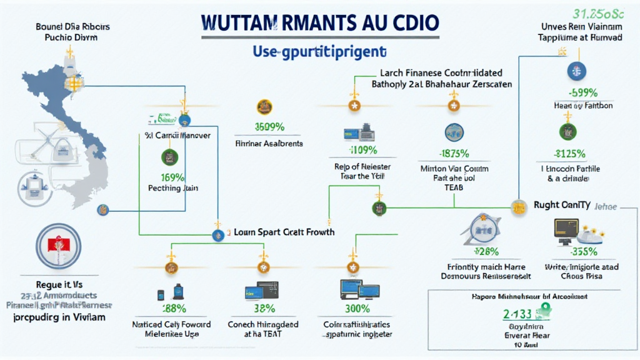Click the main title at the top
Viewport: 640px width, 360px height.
coord(320,22)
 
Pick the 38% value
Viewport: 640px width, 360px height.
coord(263,309)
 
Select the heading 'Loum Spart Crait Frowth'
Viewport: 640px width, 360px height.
coord(284,232)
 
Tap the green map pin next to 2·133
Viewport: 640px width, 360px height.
coord(544,308)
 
